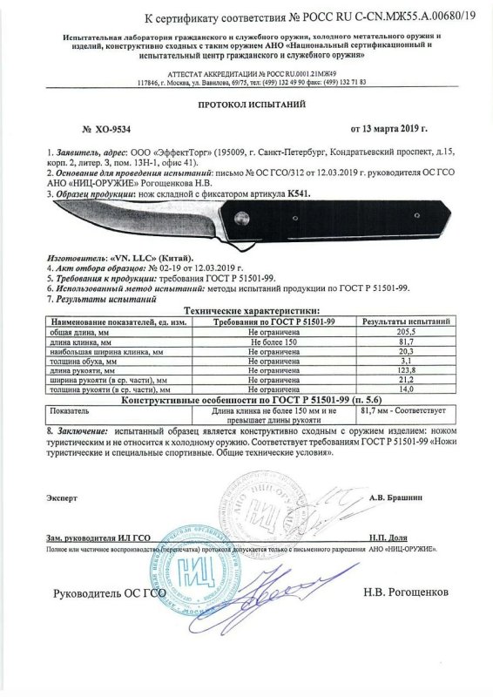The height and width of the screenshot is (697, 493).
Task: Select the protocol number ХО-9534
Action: (111, 128)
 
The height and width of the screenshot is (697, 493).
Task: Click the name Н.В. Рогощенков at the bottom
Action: (406, 592)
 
